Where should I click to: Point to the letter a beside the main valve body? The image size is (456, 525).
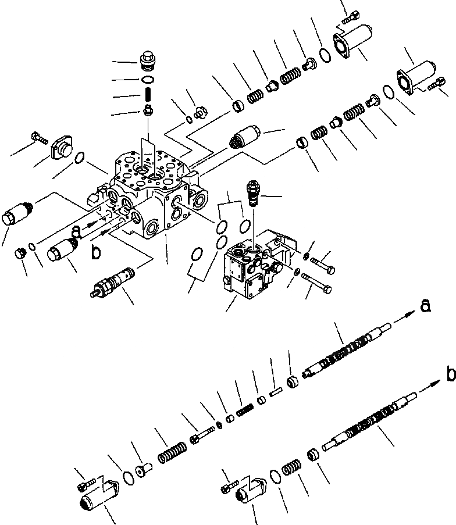tap(76, 231)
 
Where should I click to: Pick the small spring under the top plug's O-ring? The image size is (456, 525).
tap(148, 94)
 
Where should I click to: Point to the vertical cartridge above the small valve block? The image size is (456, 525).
tap(252, 192)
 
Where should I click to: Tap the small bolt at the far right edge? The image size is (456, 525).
tap(438, 86)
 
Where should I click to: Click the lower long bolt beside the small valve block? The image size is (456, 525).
tap(318, 284)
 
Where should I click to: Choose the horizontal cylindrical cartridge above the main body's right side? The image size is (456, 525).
tap(244, 138)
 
